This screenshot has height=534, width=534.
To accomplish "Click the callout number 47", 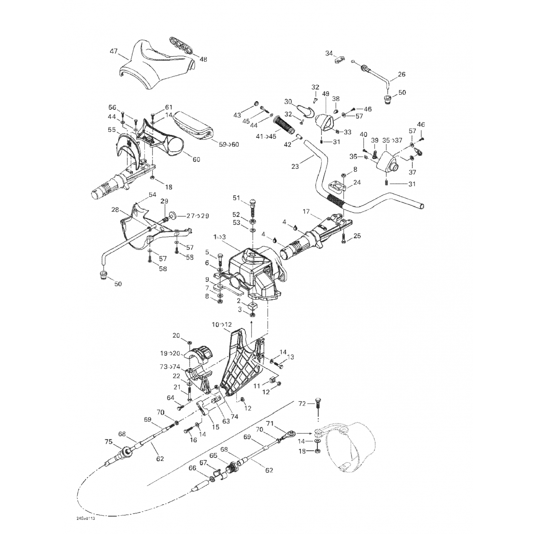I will pyautogui.click(x=114, y=51).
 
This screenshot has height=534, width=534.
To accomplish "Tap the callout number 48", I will pyautogui.click(x=203, y=59).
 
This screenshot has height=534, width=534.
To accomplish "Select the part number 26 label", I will pyautogui.click(x=402, y=74).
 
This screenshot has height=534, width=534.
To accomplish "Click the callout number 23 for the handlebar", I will pyautogui.click(x=295, y=166).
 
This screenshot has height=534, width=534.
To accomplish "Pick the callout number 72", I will pyautogui.click(x=302, y=404).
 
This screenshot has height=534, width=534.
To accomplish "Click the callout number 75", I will pyautogui.click(x=109, y=442).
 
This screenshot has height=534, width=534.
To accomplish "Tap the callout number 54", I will pyautogui.click(x=152, y=195).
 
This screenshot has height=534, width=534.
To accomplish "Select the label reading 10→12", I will pyautogui.click(x=222, y=324).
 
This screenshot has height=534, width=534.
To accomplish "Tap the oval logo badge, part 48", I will pyautogui.click(x=180, y=46).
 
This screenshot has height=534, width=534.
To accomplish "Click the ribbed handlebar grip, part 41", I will pyautogui.click(x=284, y=126).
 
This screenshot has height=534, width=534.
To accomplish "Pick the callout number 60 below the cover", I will pyautogui.click(x=196, y=159).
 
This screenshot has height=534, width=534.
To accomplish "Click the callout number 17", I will pyautogui.click(x=306, y=211).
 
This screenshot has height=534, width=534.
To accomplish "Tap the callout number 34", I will pyautogui.click(x=329, y=53).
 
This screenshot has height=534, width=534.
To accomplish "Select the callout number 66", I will pyautogui.click(x=192, y=468).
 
